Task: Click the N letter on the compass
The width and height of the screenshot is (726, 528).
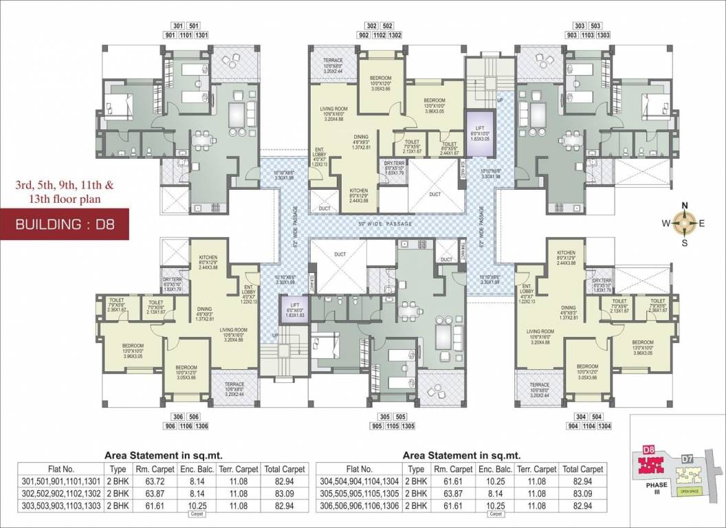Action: [684, 206]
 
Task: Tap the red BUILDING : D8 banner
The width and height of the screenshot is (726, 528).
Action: [65, 225]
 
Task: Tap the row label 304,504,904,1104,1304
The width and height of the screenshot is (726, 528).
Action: [360, 481]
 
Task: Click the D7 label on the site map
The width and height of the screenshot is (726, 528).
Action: [686, 457]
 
